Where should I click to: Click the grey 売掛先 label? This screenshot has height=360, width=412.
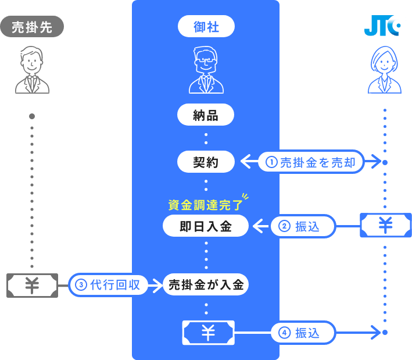pyautogui.click(x=32, y=27)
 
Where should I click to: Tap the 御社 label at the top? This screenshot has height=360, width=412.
pyautogui.click(x=206, y=26)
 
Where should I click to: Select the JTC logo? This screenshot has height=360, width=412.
pyautogui.click(x=382, y=26)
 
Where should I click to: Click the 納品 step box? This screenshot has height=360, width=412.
pyautogui.click(x=206, y=115)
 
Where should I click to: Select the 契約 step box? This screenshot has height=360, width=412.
pyautogui.click(x=206, y=162)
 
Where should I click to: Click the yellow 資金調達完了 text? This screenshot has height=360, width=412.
pyautogui.click(x=203, y=204)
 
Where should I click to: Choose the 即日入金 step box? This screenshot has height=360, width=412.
pyautogui.click(x=206, y=226)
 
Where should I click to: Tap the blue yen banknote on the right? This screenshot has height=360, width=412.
pyautogui.click(x=385, y=226)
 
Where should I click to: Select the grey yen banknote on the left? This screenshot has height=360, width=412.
pyautogui.click(x=32, y=285)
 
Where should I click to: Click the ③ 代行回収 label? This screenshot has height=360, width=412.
pyautogui.click(x=108, y=285)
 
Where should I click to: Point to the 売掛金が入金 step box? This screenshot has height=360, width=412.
pyautogui.click(x=206, y=285)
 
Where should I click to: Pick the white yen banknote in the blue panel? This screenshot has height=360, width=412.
pyautogui.click(x=208, y=333)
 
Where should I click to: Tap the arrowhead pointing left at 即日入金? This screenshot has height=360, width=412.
pyautogui.click(x=259, y=226)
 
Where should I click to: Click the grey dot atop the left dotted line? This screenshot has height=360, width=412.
pyautogui.click(x=32, y=116)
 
